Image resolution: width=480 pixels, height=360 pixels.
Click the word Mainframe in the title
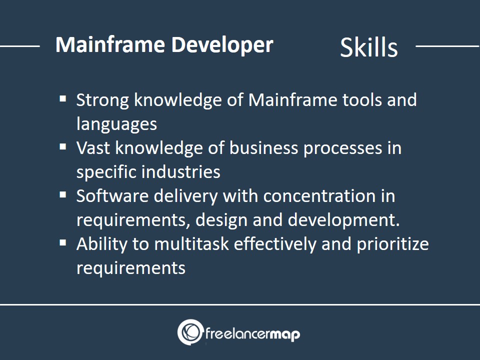tap(110, 44)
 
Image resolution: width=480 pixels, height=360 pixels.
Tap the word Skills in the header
tap(369, 47)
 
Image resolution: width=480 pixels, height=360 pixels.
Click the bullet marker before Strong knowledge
tap(63, 98)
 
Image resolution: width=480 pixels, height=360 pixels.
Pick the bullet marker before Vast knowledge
tap(63, 146)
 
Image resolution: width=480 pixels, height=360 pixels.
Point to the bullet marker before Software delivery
tap(63, 194)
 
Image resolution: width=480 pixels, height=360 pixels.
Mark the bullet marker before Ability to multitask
tap(63, 243)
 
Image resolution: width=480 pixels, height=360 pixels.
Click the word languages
tap(116, 124)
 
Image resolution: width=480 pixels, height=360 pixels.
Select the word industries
tap(181, 171)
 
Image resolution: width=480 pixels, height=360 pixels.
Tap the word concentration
tap(319, 196)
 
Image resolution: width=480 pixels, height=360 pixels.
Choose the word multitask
tap(191, 244)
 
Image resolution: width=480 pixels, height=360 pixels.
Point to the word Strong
tap(102, 100)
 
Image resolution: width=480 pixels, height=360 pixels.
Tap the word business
tap(263, 148)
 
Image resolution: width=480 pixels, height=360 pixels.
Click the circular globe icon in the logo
tap(190, 332)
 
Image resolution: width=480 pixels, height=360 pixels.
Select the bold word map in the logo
tap(284, 334)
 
